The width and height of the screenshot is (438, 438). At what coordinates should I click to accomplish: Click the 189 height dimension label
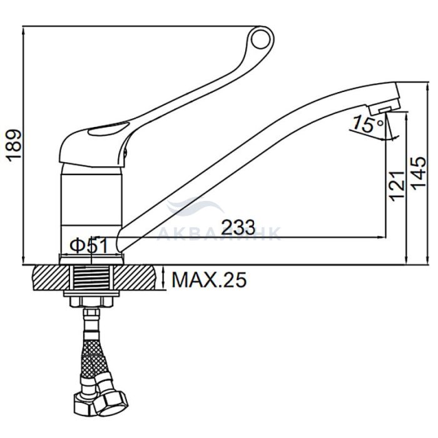click(14, 146)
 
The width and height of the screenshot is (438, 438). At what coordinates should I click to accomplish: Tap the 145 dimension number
click(419, 173)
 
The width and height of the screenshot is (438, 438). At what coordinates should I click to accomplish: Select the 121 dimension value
click(397, 186)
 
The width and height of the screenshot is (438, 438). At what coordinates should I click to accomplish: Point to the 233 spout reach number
click(238, 227)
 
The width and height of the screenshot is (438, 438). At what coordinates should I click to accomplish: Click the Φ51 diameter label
click(89, 246)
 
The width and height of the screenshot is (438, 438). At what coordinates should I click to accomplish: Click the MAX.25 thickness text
click(209, 279)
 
